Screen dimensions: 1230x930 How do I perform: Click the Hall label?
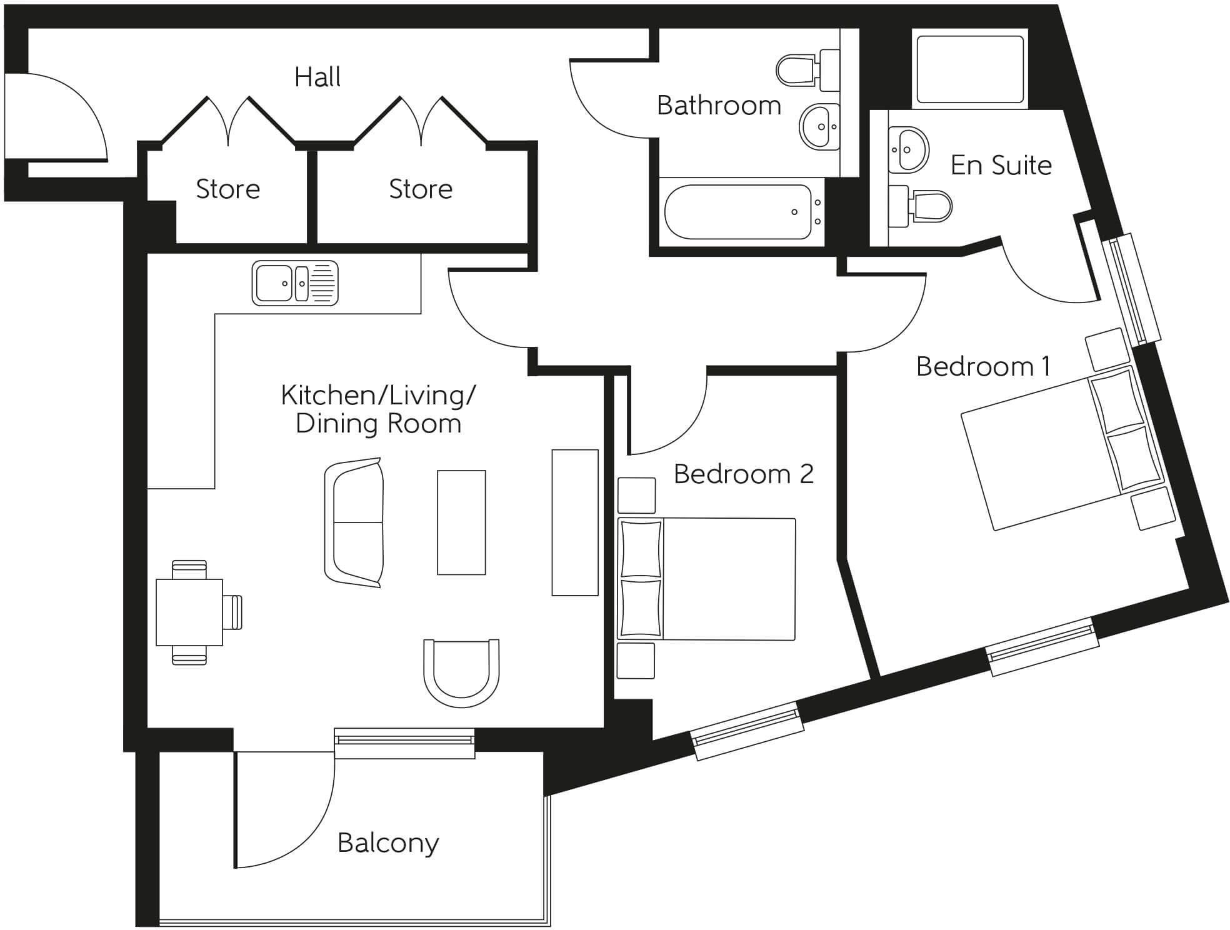tap(317, 77)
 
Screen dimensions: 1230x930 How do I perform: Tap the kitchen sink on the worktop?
tap(295, 283)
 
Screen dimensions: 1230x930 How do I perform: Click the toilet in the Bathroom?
tap(806, 69)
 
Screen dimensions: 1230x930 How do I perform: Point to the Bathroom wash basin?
tap(819, 127)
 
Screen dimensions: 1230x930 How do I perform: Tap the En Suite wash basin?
tap(907, 150)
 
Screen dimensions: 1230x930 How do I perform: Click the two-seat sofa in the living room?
tap(354, 522)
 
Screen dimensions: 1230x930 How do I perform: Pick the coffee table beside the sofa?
tap(461, 522)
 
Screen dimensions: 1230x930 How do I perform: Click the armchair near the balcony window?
tap(461, 672)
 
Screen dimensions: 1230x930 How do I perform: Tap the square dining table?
tap(189, 612)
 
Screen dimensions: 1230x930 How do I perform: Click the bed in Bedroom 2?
tap(706, 579)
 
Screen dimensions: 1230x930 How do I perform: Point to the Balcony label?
tap(388, 842)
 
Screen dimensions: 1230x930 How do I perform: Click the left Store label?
tap(227, 189)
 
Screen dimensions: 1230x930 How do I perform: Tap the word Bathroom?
tap(719, 105)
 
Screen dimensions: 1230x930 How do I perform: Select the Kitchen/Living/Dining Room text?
tap(378, 409)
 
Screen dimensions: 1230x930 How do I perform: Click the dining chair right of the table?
tap(232, 612)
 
